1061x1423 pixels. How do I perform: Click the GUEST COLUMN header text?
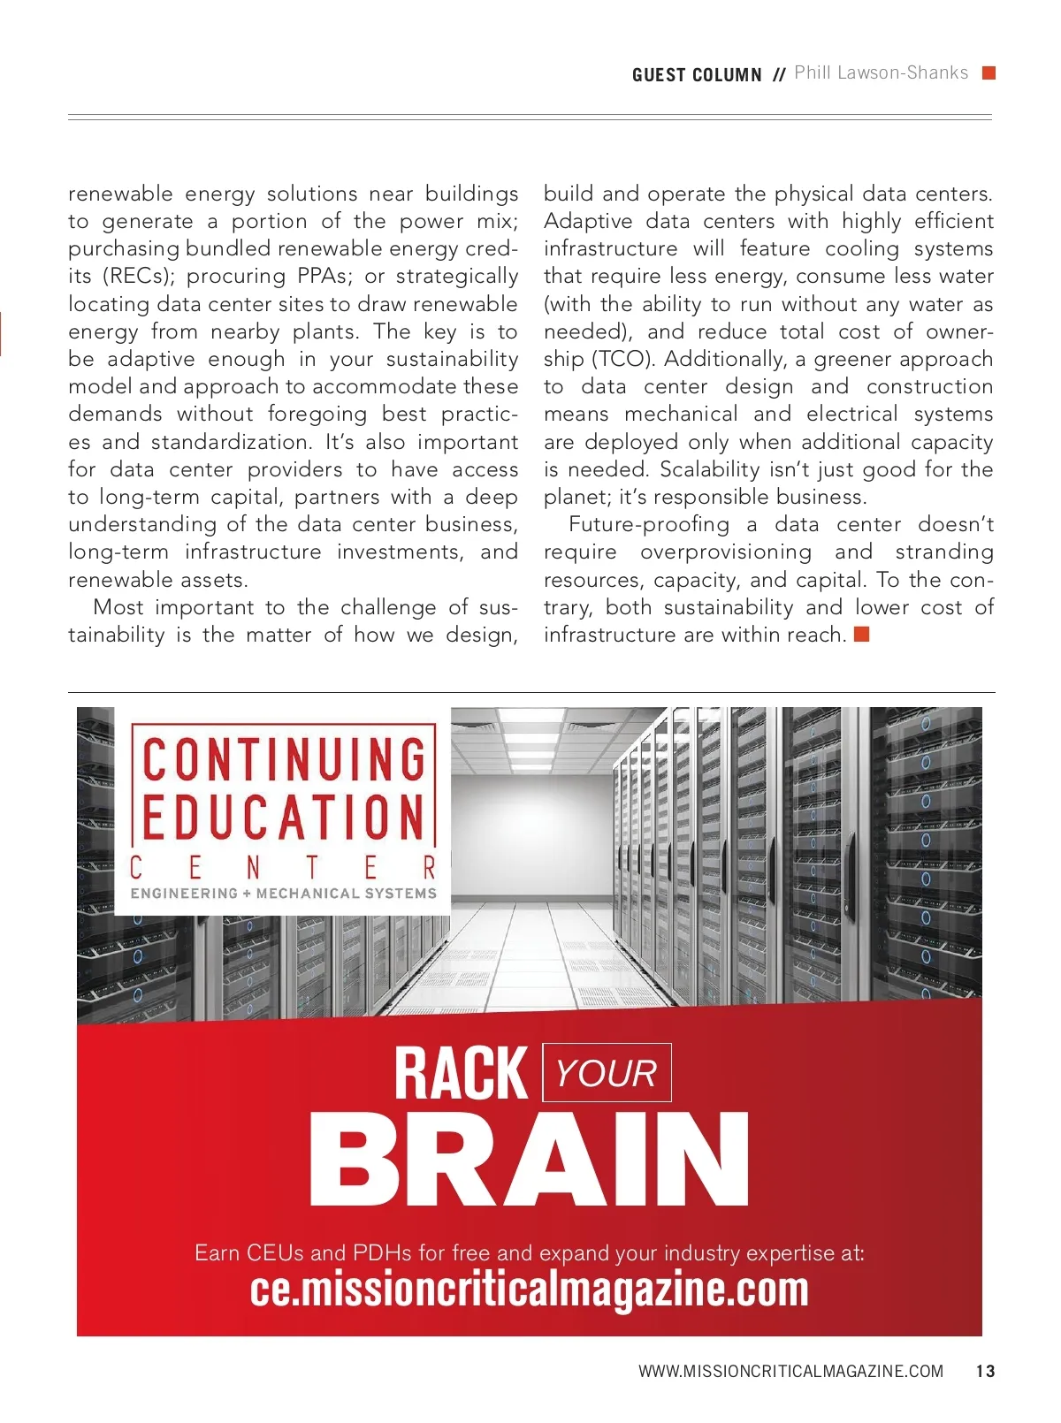tap(697, 75)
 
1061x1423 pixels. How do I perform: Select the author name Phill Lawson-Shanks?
tap(881, 73)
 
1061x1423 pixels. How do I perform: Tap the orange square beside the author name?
tap(989, 73)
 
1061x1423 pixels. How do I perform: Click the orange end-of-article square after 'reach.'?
tap(862, 634)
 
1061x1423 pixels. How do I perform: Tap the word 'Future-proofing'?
tap(649, 525)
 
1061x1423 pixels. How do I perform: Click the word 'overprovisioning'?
tap(725, 552)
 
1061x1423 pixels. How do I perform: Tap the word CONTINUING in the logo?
tap(284, 759)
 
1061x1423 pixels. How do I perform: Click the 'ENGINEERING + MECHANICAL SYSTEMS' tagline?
tap(284, 894)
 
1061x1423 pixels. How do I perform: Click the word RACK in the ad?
tap(461, 1074)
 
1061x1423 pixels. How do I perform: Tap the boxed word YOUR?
tap(607, 1074)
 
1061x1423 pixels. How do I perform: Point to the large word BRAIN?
tap(529, 1160)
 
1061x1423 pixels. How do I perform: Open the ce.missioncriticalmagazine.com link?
tap(529, 1290)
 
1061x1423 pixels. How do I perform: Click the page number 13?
tap(985, 1372)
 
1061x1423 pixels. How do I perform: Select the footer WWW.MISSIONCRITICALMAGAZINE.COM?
tap(790, 1372)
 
